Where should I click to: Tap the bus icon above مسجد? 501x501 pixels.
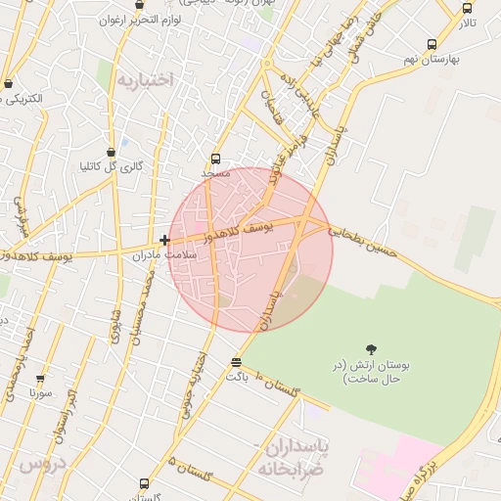click(216, 159)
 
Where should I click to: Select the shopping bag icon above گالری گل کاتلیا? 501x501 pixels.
click(112, 152)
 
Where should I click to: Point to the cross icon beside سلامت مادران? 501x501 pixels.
click(164, 240)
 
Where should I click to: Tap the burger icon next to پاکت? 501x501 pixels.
click(235, 363)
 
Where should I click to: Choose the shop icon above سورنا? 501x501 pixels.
click(40, 380)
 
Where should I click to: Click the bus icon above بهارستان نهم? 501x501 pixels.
click(432, 44)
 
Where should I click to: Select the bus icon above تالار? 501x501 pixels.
click(467, 8)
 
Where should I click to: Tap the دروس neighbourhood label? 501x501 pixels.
click(40, 462)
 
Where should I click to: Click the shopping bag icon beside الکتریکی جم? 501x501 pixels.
click(9, 84)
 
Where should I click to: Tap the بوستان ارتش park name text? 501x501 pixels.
click(371, 371)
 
